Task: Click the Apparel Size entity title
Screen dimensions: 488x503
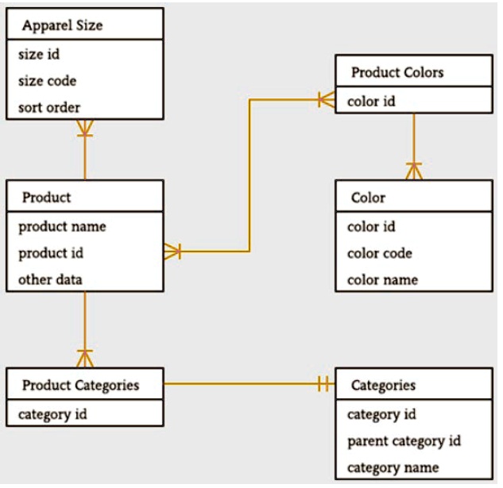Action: pyautogui.click(x=62, y=25)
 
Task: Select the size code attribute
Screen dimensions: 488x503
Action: pyautogui.click(x=47, y=81)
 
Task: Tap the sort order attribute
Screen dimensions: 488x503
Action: pyautogui.click(x=48, y=107)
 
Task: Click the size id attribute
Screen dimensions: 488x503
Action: pyautogui.click(x=38, y=55)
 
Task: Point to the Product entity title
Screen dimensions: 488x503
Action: pyautogui.click(x=46, y=198)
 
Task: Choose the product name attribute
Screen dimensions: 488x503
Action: pyautogui.click(x=62, y=226)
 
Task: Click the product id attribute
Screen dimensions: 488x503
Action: pyautogui.click(x=51, y=253)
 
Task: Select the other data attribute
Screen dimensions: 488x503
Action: pyautogui.click(x=50, y=279)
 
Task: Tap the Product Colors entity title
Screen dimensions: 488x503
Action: pyautogui.click(x=397, y=72)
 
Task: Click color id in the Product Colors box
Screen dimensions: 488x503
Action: pyautogui.click(x=371, y=101)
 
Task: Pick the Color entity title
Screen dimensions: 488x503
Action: pyautogui.click(x=368, y=198)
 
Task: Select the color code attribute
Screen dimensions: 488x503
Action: pyautogui.click(x=380, y=253)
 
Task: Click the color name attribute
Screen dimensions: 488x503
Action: pyautogui.click(x=382, y=279)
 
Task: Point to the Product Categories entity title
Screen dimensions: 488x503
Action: pyautogui.click(x=80, y=385)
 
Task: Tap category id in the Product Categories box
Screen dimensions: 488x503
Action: pyautogui.click(x=52, y=413)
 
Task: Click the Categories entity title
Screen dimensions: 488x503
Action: pyautogui.click(x=383, y=385)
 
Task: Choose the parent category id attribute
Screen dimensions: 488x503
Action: pyautogui.click(x=404, y=440)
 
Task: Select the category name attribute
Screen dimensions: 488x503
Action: pyautogui.click(x=393, y=467)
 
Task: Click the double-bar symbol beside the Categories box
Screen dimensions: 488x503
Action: pyautogui.click(x=322, y=385)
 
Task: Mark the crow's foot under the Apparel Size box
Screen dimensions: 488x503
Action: pyautogui.click(x=84, y=128)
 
